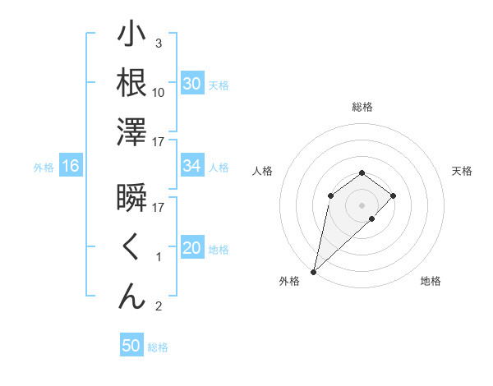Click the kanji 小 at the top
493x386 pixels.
coord(132,37)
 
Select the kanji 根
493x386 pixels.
coord(132,83)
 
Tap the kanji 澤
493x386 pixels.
coord(132,131)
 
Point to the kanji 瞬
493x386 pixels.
coord(132,200)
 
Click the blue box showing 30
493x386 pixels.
coord(191,84)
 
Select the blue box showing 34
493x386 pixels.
coord(191,167)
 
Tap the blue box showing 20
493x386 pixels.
coord(191,249)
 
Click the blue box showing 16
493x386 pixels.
coord(70,167)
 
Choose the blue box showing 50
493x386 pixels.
coord(131,346)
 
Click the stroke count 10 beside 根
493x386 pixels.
coord(159,93)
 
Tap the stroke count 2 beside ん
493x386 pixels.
coord(158,306)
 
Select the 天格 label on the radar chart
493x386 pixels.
coord(462,171)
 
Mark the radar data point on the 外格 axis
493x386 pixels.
coord(313,271)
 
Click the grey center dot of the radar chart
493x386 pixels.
coord(362,204)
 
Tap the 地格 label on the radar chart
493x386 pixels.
coord(431,282)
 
